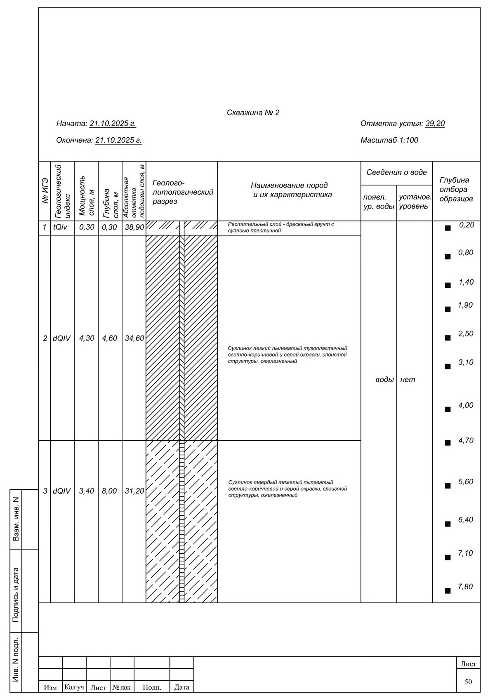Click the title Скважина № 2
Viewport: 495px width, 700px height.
(253, 113)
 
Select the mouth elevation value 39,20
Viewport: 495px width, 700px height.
(435, 124)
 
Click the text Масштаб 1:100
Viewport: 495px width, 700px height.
(389, 140)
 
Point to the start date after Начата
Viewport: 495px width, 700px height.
(113, 124)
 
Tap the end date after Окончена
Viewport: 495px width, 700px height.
(118, 140)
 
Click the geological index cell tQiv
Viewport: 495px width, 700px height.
(60, 227)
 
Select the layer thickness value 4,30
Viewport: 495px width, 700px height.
(87, 338)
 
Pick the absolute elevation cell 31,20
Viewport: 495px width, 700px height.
(134, 491)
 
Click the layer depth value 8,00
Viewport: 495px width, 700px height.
(109, 491)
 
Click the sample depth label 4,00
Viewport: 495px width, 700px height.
(466, 405)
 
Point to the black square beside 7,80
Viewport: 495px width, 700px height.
(448, 591)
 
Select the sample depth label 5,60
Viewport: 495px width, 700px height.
(466, 482)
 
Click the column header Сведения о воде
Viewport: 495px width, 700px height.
(396, 172)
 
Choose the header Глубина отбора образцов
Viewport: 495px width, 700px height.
(456, 190)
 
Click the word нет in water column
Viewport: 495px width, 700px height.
(408, 380)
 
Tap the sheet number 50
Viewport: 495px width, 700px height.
(468, 682)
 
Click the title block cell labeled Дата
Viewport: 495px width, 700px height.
(181, 687)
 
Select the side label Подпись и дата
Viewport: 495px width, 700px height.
(16, 594)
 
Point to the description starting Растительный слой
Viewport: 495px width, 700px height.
(280, 227)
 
